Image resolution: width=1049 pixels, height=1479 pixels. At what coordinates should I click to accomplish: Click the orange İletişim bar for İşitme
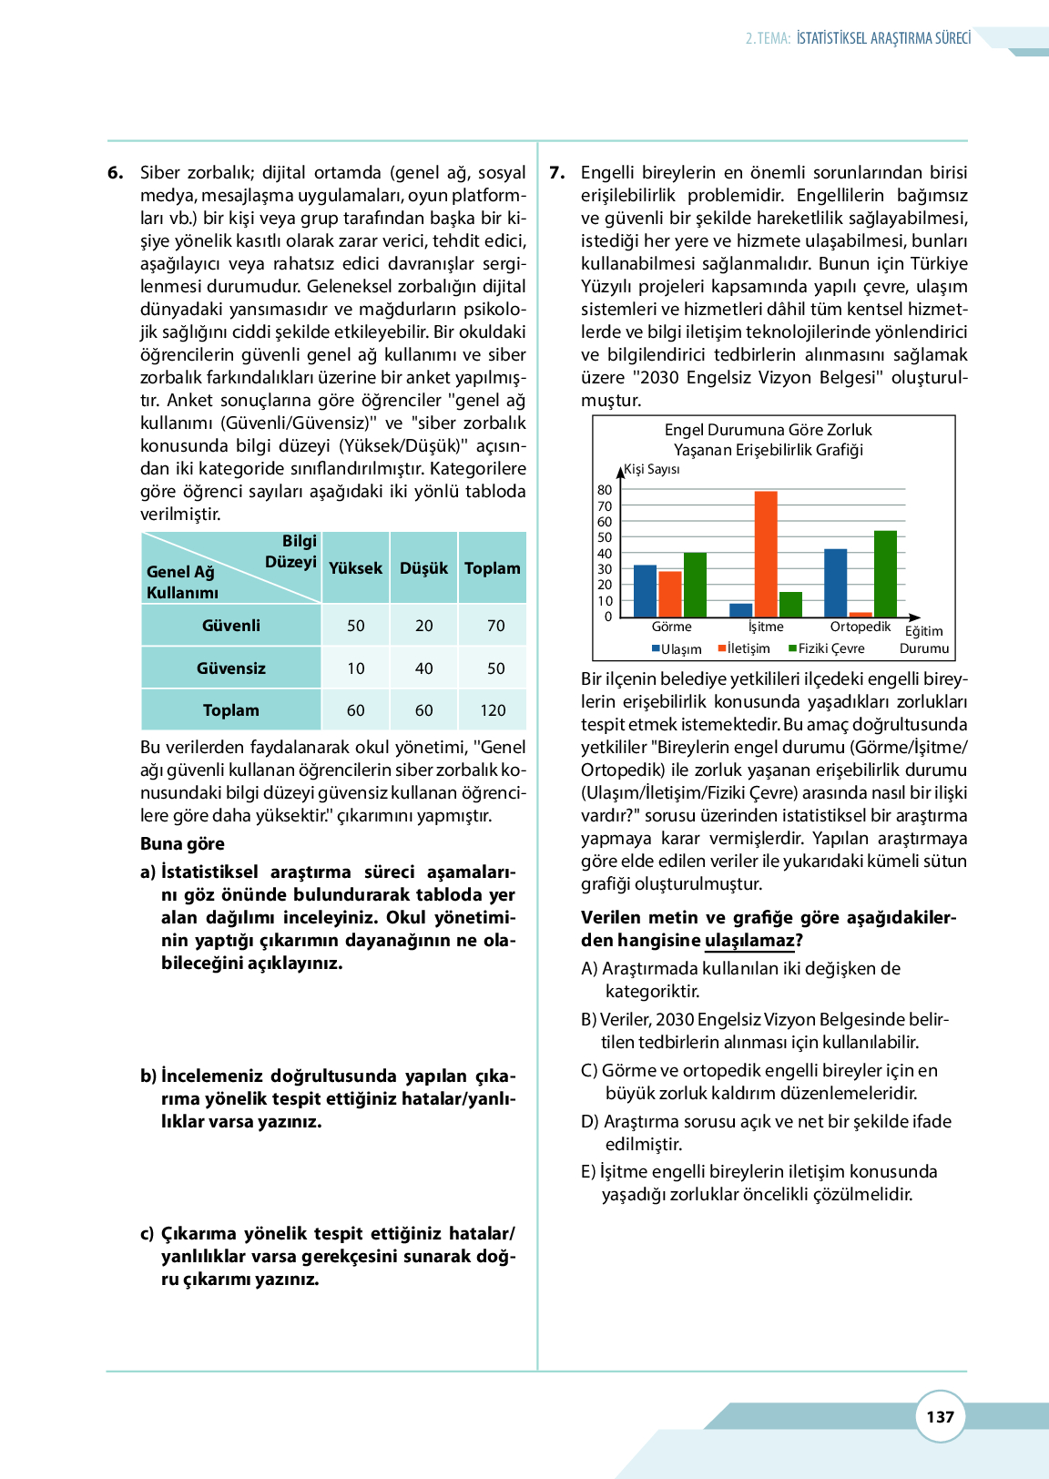click(766, 554)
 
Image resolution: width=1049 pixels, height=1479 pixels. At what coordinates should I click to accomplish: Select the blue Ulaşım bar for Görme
click(645, 591)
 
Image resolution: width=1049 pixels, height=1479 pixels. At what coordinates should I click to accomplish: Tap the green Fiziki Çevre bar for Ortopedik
click(885, 574)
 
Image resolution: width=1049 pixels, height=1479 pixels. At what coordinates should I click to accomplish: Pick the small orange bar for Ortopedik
click(861, 615)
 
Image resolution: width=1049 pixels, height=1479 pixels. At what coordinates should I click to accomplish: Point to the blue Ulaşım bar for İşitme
click(741, 610)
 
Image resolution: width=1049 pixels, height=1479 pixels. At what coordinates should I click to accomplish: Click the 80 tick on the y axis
click(605, 490)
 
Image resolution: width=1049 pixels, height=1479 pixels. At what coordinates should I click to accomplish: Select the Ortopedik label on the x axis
click(860, 627)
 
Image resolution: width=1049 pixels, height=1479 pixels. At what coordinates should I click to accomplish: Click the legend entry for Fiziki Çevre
click(826, 648)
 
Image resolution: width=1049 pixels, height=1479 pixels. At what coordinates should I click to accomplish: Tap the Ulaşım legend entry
click(677, 648)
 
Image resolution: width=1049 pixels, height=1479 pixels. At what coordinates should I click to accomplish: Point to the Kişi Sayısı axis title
click(651, 469)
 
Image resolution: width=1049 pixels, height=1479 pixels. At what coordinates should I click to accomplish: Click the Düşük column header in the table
click(423, 568)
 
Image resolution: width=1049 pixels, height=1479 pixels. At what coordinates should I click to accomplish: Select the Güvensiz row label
click(231, 668)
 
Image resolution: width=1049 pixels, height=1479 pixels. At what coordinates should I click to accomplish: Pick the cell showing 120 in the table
click(493, 710)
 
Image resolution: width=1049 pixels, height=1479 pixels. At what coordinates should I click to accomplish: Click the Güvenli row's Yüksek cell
click(355, 626)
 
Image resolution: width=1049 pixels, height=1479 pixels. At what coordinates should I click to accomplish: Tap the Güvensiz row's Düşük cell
click(423, 668)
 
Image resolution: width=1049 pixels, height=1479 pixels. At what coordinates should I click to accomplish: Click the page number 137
click(940, 1416)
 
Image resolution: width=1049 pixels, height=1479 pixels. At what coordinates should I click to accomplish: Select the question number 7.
click(556, 172)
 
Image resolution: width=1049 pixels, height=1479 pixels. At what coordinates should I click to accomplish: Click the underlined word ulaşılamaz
click(749, 941)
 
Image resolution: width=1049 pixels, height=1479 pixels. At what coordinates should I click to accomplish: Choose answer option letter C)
click(590, 1070)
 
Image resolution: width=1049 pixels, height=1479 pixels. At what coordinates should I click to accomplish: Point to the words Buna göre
click(182, 843)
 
